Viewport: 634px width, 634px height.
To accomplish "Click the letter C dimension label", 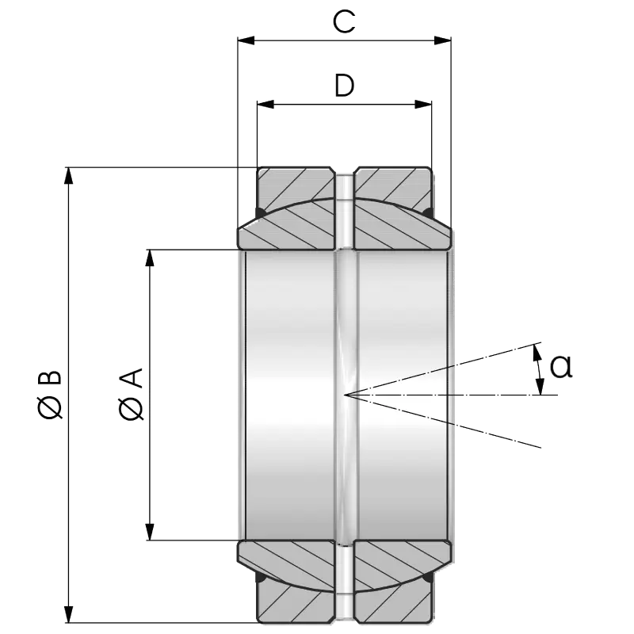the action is tap(344, 22).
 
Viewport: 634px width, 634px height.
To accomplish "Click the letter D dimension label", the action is tap(345, 86).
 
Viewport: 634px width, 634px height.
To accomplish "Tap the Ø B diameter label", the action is tap(50, 394).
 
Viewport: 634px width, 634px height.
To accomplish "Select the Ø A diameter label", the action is tap(132, 394).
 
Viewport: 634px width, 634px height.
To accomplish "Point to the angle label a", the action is tap(561, 366).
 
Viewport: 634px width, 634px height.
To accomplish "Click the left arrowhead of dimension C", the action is tap(246, 40).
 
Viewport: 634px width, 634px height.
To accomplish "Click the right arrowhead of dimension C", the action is tap(442, 40).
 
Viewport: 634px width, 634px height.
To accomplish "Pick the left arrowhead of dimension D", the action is tap(265, 105).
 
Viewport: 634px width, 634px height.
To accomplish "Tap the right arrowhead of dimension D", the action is tap(423, 105).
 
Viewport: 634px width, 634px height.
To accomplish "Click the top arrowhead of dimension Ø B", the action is tap(69, 175).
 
